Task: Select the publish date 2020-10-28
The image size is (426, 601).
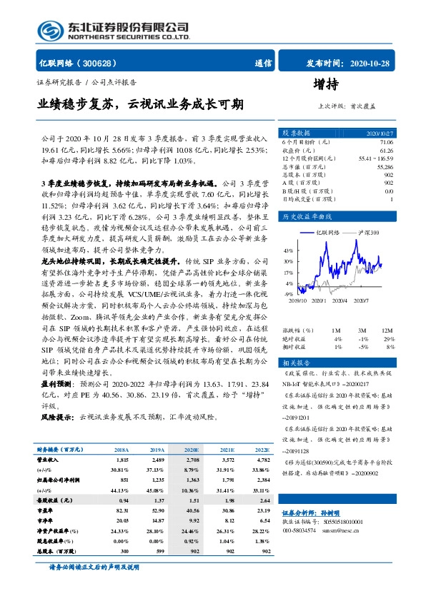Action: (x=367, y=63)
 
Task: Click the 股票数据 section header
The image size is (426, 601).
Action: (x=296, y=133)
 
